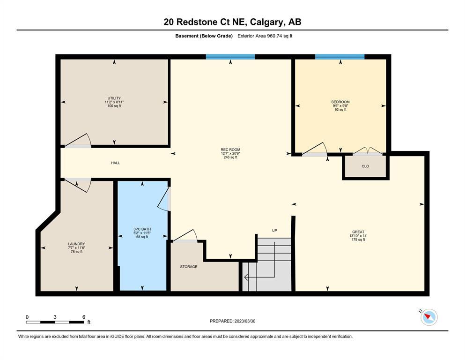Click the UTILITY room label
coord(114,98)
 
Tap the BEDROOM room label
coord(340,102)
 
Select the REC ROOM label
coord(230,150)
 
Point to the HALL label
coord(115,163)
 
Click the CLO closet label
coord(365,166)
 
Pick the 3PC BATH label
coord(142,229)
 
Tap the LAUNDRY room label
coord(76,244)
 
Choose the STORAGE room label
coord(189,267)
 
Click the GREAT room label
coord(358,232)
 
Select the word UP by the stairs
coord(274,231)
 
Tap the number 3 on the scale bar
coord(55,317)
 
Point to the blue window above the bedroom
coord(340,57)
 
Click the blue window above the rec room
coord(230,57)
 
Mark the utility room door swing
coord(78,140)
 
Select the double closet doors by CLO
coord(368,151)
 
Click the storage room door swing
coord(185,236)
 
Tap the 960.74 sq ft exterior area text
coord(280,36)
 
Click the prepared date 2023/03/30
coord(245,321)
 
